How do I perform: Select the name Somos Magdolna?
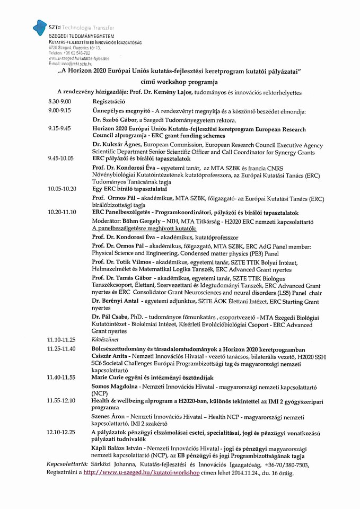pos(114,387)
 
